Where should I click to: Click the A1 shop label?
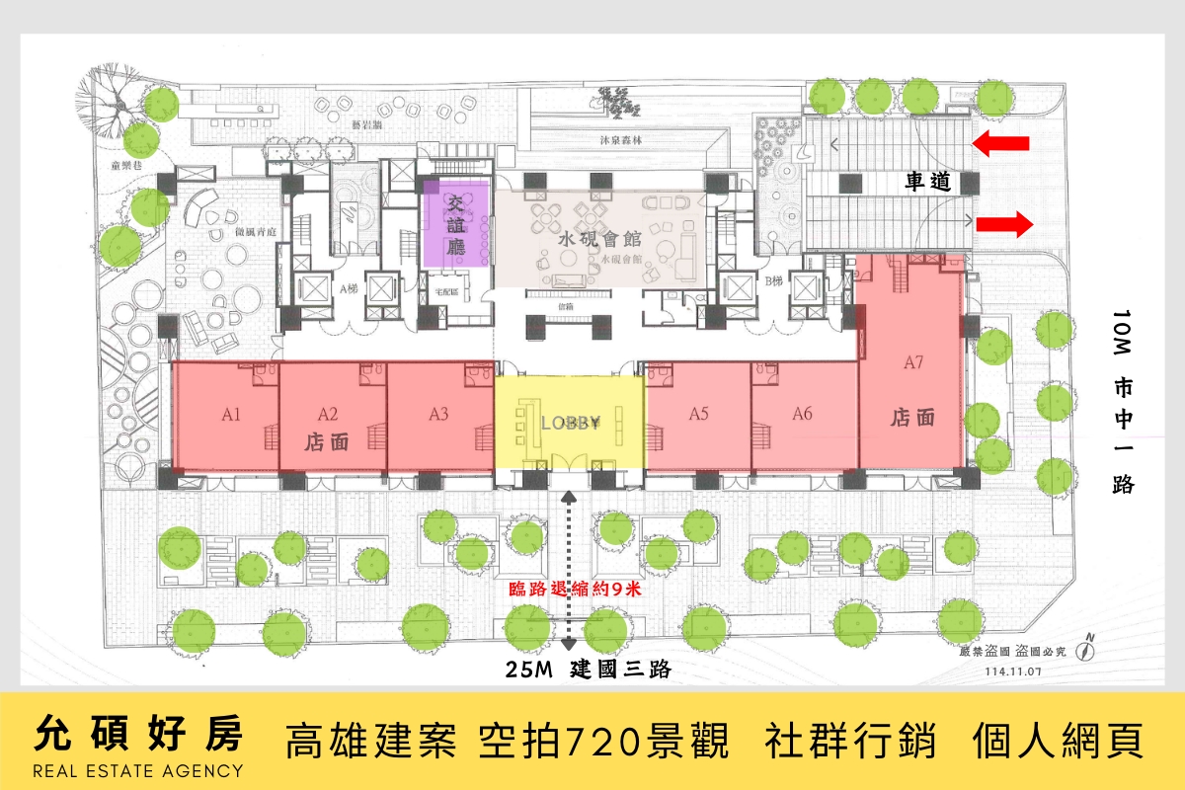(x=232, y=415)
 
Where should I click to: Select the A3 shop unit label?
(x=439, y=415)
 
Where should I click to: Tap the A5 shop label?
(x=699, y=415)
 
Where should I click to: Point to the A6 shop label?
(x=802, y=415)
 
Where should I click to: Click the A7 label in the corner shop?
(x=913, y=362)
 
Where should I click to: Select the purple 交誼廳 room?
(x=456, y=225)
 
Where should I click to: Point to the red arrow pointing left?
(x=1000, y=145)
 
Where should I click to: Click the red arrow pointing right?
(x=1004, y=224)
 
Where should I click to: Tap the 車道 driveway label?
(x=928, y=182)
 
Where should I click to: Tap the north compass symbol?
(x=1088, y=647)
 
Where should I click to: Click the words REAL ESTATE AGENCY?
(x=138, y=770)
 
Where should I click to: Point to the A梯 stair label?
(x=348, y=289)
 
